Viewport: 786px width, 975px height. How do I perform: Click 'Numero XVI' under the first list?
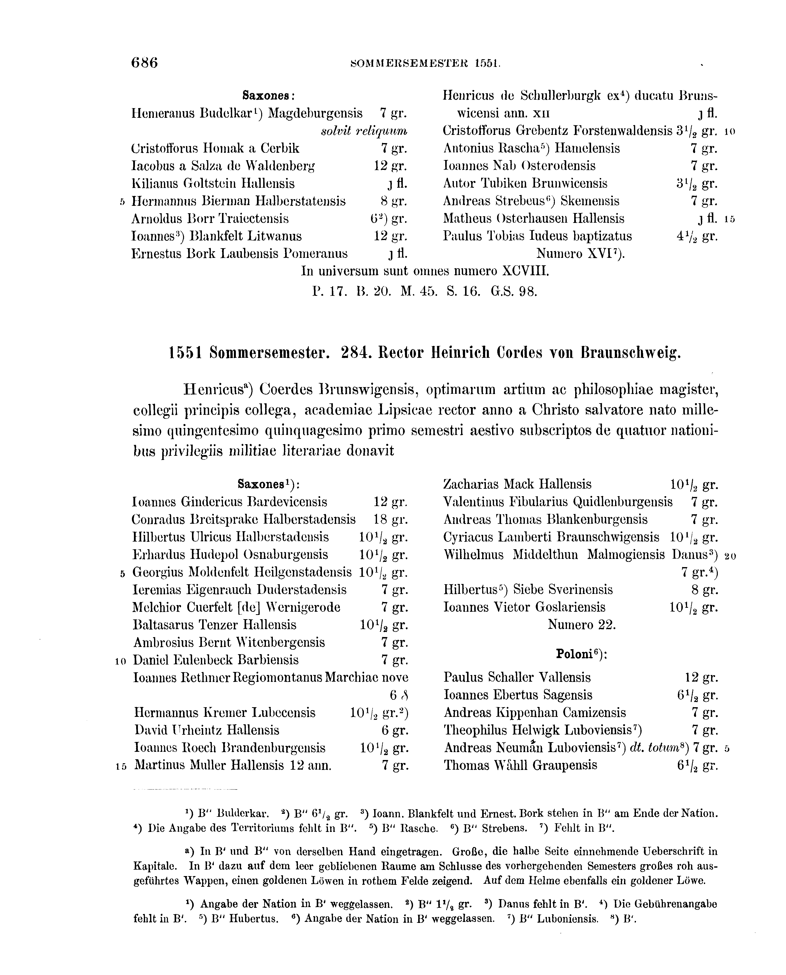pos(580,254)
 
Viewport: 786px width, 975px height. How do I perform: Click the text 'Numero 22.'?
pos(581,625)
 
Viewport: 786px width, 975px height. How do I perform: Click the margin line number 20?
pos(730,556)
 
